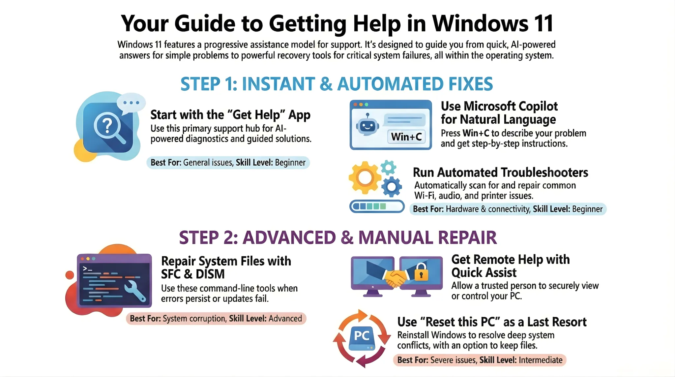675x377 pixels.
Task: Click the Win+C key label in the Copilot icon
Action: (406, 137)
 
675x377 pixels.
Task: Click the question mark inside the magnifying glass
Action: (107, 126)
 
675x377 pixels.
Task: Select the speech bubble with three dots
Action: (131, 103)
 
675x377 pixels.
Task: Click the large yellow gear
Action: (365, 178)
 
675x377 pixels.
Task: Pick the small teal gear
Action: (389, 168)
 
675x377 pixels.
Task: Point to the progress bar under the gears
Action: (377, 206)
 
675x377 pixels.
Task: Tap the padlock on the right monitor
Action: (421, 272)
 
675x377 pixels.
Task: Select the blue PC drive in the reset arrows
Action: (362, 338)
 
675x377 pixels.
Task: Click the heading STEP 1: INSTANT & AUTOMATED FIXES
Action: (337, 84)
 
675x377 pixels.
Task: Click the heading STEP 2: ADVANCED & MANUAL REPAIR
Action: (338, 237)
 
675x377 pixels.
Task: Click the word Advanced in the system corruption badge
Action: (285, 318)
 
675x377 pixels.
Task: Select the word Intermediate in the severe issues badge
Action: (541, 360)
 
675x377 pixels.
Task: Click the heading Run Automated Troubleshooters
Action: (500, 173)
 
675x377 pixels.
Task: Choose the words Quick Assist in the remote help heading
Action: (484, 273)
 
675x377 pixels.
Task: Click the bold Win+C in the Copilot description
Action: (476, 133)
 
